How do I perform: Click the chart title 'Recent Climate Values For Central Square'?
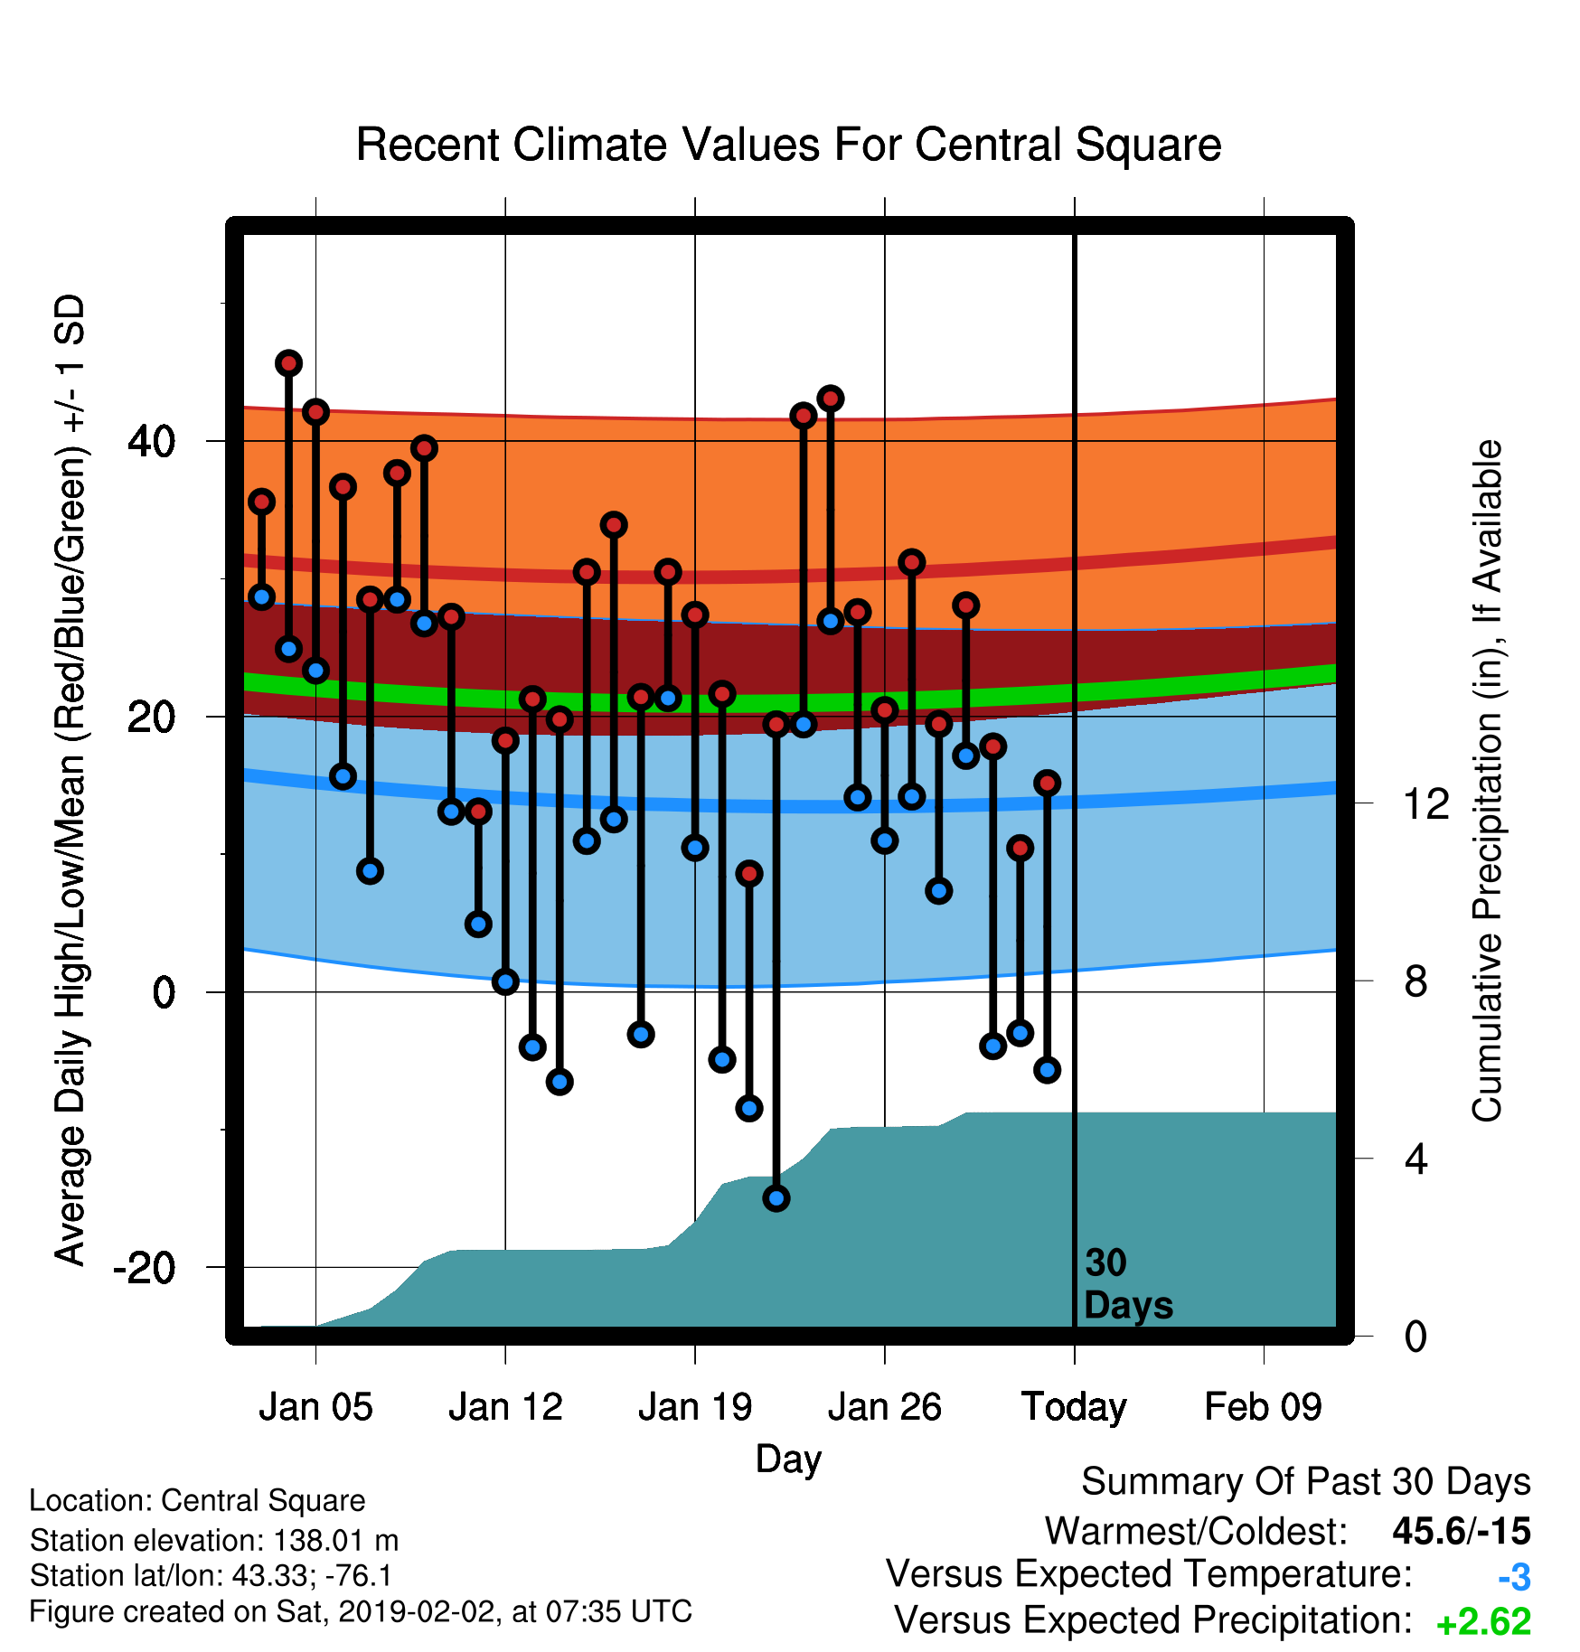point(788,145)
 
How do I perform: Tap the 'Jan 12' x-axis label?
point(505,1407)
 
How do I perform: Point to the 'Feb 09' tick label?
point(1263,1407)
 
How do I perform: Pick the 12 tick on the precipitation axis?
point(1426,803)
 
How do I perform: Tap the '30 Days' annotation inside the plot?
point(1128,1284)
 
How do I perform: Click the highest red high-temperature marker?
point(288,363)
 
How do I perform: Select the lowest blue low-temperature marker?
point(776,1198)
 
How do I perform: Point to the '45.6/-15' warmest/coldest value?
point(1462,1532)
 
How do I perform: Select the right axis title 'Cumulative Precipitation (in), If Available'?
point(1487,781)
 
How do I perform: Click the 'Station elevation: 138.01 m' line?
point(214,1540)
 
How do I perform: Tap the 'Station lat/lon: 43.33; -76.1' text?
point(212,1576)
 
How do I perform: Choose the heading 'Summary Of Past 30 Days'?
point(1306,1482)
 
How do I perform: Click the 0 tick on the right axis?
point(1416,1337)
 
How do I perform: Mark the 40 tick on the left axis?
point(152,442)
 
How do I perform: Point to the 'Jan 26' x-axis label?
point(884,1407)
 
